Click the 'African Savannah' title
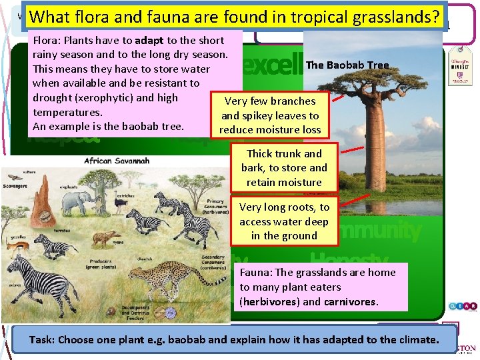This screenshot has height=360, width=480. tap(117, 161)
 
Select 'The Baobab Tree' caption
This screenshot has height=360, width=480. tap(347, 65)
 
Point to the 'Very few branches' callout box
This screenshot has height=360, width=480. tap(270, 115)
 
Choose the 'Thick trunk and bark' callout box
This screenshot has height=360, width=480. tap(284, 167)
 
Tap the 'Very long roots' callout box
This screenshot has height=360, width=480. tap(284, 221)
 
